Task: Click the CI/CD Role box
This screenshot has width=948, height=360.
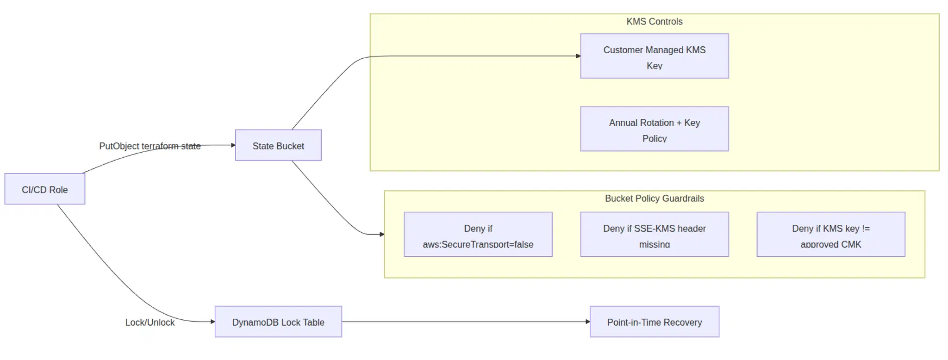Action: pyautogui.click(x=45, y=189)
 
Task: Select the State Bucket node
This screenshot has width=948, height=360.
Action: pyautogui.click(x=278, y=145)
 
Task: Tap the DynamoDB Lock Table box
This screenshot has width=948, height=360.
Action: pyautogui.click(x=278, y=322)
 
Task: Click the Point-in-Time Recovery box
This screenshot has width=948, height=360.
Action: pyautogui.click(x=654, y=322)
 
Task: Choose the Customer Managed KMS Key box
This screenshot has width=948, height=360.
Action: pyautogui.click(x=654, y=56)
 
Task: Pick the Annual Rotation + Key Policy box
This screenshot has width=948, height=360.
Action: pyautogui.click(x=654, y=129)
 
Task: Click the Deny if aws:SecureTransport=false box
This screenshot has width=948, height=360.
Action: pyautogui.click(x=478, y=235)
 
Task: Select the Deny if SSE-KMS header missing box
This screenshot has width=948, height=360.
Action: pyautogui.click(x=654, y=235)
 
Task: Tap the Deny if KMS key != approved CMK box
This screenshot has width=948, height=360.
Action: pyautogui.click(x=830, y=235)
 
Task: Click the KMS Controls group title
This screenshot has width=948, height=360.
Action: pyautogui.click(x=654, y=22)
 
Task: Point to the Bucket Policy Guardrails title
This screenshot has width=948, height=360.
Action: pyautogui.click(x=654, y=199)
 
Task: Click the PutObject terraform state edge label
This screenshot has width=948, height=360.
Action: pyautogui.click(x=150, y=146)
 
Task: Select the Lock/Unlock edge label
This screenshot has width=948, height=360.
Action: pyautogui.click(x=150, y=323)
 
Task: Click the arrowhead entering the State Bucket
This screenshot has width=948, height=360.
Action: pyautogui.click(x=233, y=145)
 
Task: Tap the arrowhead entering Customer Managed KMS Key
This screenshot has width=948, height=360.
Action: pyautogui.click(x=578, y=56)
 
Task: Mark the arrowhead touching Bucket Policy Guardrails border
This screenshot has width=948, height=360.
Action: pyautogui.click(x=382, y=235)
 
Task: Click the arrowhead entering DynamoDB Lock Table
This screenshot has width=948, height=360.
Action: pyautogui.click(x=212, y=322)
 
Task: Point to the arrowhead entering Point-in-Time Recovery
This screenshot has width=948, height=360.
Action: pyautogui.click(x=587, y=322)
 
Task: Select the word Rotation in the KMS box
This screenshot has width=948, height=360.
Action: pyautogui.click(x=656, y=123)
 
